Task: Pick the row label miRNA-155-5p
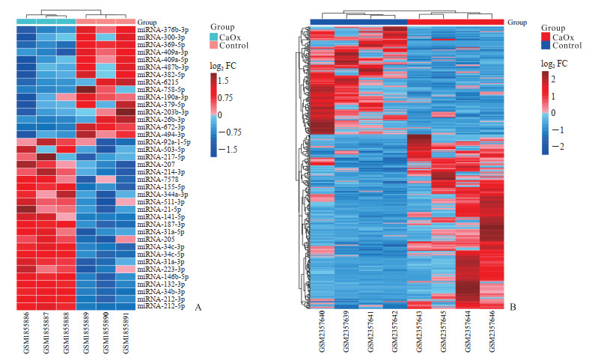[158, 187]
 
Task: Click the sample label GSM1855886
[26, 335]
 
